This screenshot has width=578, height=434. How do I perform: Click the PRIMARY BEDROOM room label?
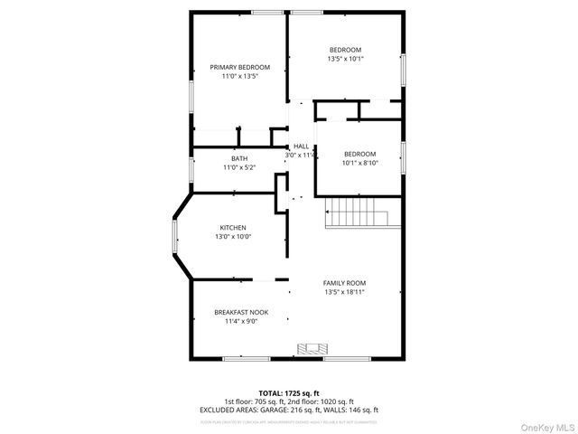tap(240, 67)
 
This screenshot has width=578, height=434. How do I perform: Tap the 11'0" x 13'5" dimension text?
tap(240, 77)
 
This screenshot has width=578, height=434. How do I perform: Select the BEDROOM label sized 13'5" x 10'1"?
tap(345, 49)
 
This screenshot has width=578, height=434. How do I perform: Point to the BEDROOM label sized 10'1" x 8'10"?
tap(359, 154)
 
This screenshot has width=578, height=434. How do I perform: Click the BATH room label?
tap(239, 158)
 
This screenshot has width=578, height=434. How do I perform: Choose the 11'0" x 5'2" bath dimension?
tap(239, 167)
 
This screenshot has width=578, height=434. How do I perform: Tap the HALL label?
tap(301, 146)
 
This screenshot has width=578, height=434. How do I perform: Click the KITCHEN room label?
tap(233, 227)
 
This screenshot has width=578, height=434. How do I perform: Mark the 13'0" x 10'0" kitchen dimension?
tap(233, 237)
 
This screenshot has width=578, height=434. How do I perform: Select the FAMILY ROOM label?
tap(345, 282)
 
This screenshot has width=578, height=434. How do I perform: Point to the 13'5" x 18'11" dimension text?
tap(345, 292)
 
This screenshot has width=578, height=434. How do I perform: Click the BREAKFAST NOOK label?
tap(240, 312)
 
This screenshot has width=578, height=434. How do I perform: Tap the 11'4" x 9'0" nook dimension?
tap(240, 321)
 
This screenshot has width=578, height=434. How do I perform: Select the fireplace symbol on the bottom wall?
tap(313, 349)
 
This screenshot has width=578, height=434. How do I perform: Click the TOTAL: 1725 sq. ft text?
tap(289, 393)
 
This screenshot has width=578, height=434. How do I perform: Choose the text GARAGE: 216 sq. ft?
tap(281, 410)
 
